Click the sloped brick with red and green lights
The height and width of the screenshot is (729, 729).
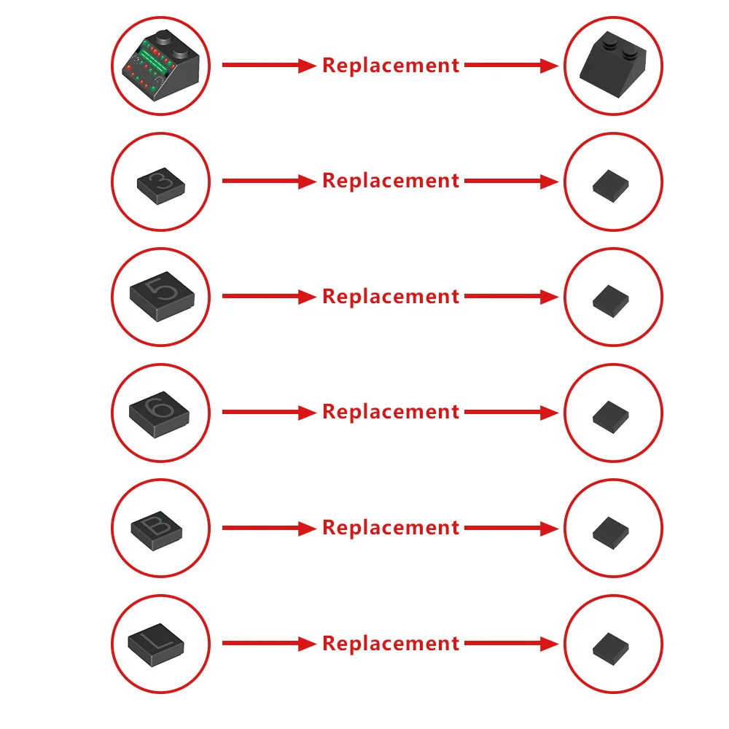[161, 66]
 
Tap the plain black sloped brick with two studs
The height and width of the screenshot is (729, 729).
[613, 65]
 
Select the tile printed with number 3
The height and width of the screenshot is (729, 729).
[161, 186]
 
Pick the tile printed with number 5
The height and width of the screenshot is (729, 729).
[162, 297]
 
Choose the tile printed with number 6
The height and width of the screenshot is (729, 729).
[159, 414]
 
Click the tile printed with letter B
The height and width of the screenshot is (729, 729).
[157, 531]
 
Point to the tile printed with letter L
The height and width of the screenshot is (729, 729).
[156, 645]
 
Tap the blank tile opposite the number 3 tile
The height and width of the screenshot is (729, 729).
[610, 186]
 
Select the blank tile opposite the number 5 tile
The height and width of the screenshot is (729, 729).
[610, 301]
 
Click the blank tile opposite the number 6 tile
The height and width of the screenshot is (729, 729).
[610, 417]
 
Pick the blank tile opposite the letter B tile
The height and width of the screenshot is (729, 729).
[610, 533]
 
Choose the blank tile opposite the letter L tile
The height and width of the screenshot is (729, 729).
[610, 649]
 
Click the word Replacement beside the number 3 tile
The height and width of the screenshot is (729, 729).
[391, 182]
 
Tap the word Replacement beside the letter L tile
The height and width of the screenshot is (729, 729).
[391, 644]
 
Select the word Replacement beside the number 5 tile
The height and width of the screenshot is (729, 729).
[391, 297]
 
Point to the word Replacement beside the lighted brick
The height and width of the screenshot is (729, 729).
[391, 66]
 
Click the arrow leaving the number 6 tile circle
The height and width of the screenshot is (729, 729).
[269, 412]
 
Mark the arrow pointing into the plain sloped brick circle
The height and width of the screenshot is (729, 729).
[512, 65]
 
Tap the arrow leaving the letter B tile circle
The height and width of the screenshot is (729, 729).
[269, 528]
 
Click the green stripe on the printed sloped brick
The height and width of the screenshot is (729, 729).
[154, 62]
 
